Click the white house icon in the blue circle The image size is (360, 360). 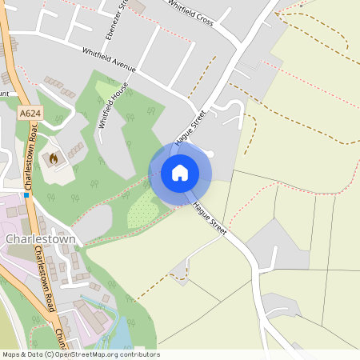point(180,172)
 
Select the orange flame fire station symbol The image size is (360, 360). point(54,158)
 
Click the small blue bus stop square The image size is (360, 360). point(26,194)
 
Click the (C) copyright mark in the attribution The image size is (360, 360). point(49,354)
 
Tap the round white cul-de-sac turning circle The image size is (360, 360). point(210,154)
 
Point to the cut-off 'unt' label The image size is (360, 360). point(4,94)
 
